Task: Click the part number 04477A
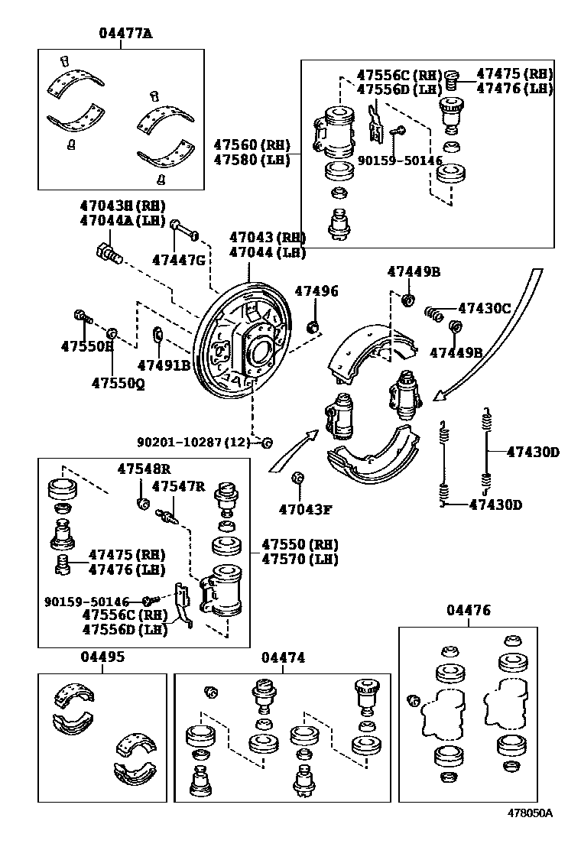(125, 33)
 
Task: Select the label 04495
(103, 657)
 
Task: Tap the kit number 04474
(283, 657)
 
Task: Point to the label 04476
(469, 610)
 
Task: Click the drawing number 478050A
(527, 835)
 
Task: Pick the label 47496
(316, 292)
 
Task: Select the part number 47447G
(178, 260)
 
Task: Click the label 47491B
(164, 365)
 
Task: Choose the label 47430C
(484, 308)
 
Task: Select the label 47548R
(144, 468)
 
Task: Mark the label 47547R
(178, 486)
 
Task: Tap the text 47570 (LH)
(300, 560)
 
